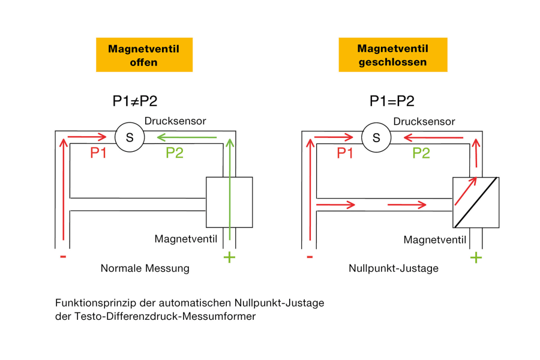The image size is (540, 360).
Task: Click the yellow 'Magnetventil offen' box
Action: [x=144, y=55]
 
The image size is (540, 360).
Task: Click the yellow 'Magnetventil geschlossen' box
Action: [x=393, y=55]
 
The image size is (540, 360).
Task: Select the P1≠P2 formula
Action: [x=135, y=101]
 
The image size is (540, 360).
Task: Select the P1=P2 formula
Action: [x=391, y=101]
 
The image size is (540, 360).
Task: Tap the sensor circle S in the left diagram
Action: [x=129, y=137]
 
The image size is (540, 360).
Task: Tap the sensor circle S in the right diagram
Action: [x=376, y=137]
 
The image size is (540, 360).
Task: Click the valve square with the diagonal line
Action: [x=476, y=202]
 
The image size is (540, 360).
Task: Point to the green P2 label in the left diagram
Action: [x=175, y=153]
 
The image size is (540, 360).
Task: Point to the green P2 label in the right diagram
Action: [x=421, y=153]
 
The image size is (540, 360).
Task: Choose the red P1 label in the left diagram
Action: [x=98, y=153]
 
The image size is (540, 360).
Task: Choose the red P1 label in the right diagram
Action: [x=345, y=153]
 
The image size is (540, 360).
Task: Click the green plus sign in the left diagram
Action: [x=229, y=258]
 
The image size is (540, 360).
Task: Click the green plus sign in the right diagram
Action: [x=476, y=258]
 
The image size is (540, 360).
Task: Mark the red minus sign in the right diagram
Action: [x=310, y=257]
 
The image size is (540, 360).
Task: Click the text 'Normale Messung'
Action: [x=145, y=269]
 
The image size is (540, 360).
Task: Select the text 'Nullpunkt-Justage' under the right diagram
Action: [x=393, y=269]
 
